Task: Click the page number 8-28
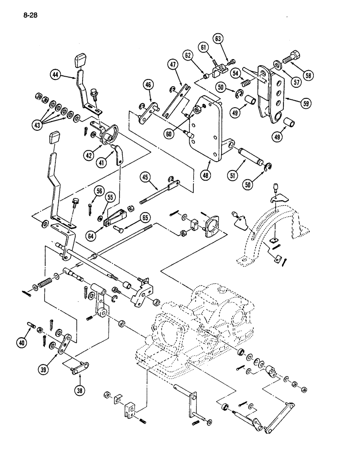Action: [29, 15]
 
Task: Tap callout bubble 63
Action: [218, 38]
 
